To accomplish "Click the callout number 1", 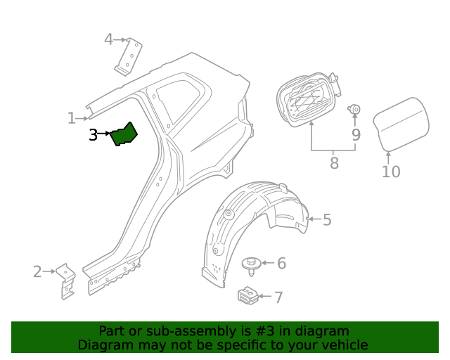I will click(71, 118).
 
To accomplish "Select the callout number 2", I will click(37, 271).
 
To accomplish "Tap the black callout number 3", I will click(93, 134).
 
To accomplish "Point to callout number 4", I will click(108, 39).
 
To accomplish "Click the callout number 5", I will click(326, 220).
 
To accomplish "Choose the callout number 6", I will click(281, 264).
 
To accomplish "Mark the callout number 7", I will click(278, 297).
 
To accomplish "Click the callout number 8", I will click(334, 163).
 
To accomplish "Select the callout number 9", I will click(356, 134).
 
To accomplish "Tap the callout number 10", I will click(391, 172).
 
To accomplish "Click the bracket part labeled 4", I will click(129, 56).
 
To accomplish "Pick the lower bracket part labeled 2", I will click(66, 281).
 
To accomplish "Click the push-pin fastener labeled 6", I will click(250, 266).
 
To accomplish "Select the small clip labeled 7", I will click(246, 296).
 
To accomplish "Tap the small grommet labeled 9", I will click(355, 109).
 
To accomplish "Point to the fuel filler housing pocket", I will click(304, 99).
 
